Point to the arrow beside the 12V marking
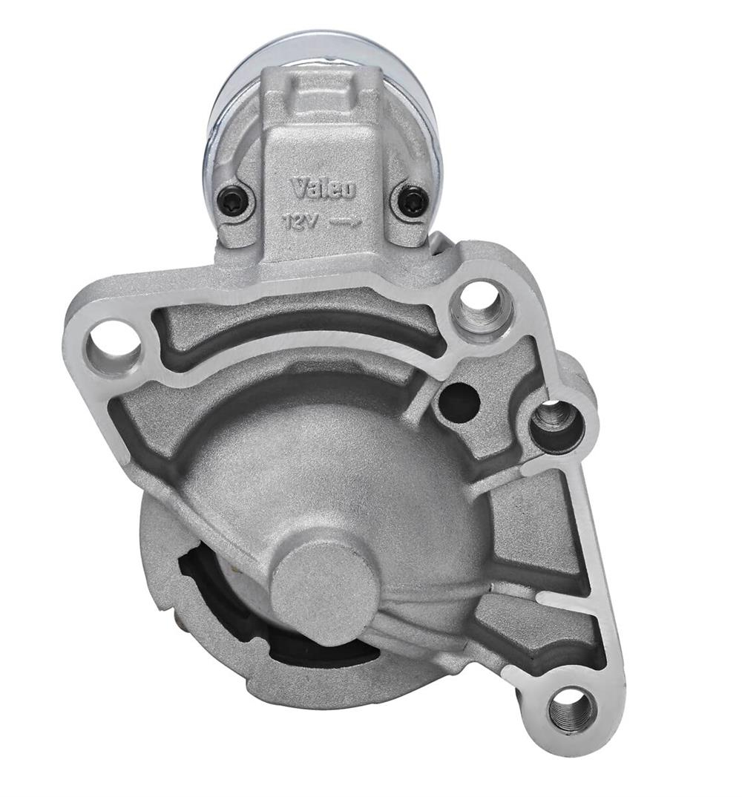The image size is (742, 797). [x=346, y=222]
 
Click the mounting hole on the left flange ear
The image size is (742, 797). [x=114, y=346]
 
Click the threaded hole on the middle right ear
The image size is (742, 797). [x=556, y=424]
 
